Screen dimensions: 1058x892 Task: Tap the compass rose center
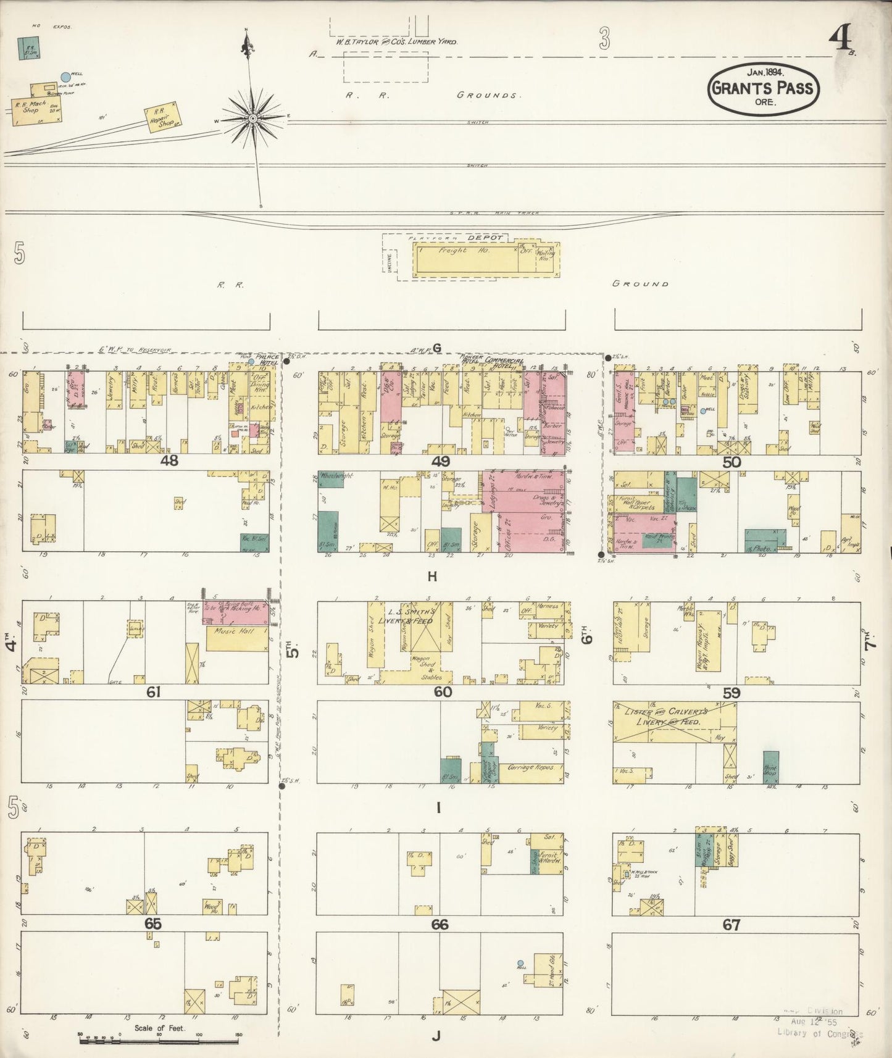coord(253,118)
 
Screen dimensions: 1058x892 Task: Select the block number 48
coord(169,460)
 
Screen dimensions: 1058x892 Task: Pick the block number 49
coord(441,461)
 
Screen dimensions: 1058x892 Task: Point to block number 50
coord(732,462)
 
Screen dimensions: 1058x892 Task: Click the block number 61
coord(154,693)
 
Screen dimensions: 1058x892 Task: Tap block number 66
coord(440,925)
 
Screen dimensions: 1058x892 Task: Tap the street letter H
coord(432,577)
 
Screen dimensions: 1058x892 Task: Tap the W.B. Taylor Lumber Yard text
coord(396,42)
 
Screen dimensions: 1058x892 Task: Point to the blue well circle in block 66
coord(520,963)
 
